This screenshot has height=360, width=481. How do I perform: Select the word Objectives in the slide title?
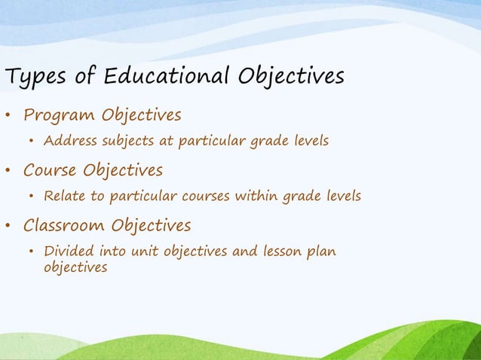[x=290, y=77]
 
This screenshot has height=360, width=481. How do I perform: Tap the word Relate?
[x=64, y=197]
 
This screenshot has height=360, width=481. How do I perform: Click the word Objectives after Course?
[x=123, y=170]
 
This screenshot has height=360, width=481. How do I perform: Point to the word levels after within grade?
[x=342, y=197]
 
